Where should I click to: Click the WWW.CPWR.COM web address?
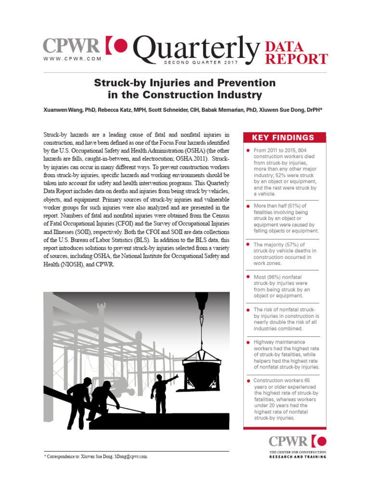[72, 58]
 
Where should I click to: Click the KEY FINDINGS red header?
[283, 137]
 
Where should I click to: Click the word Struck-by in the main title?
[119, 82]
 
